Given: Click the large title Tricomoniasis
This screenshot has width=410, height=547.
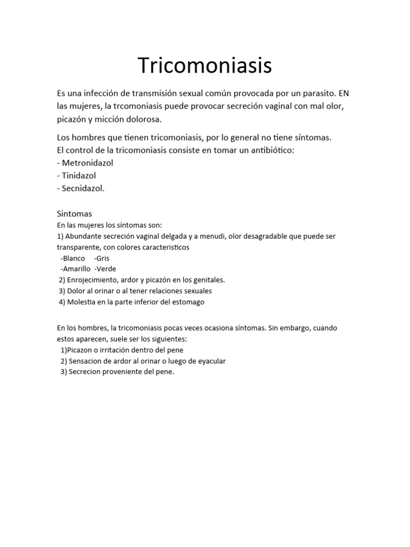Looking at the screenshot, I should coord(205,65).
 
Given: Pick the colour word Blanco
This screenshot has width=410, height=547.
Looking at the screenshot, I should coord(73,259).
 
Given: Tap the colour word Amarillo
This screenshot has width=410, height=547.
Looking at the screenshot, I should coord(76,269).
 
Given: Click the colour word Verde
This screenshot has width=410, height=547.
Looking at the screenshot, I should coord(106,269).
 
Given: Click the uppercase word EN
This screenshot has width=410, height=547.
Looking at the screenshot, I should coord(344,93).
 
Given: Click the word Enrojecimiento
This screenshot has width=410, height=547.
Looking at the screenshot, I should coord(92,280).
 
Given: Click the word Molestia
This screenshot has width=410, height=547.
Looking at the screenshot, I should coord(82,302).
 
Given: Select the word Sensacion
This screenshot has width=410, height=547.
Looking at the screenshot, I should coord(85,361).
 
